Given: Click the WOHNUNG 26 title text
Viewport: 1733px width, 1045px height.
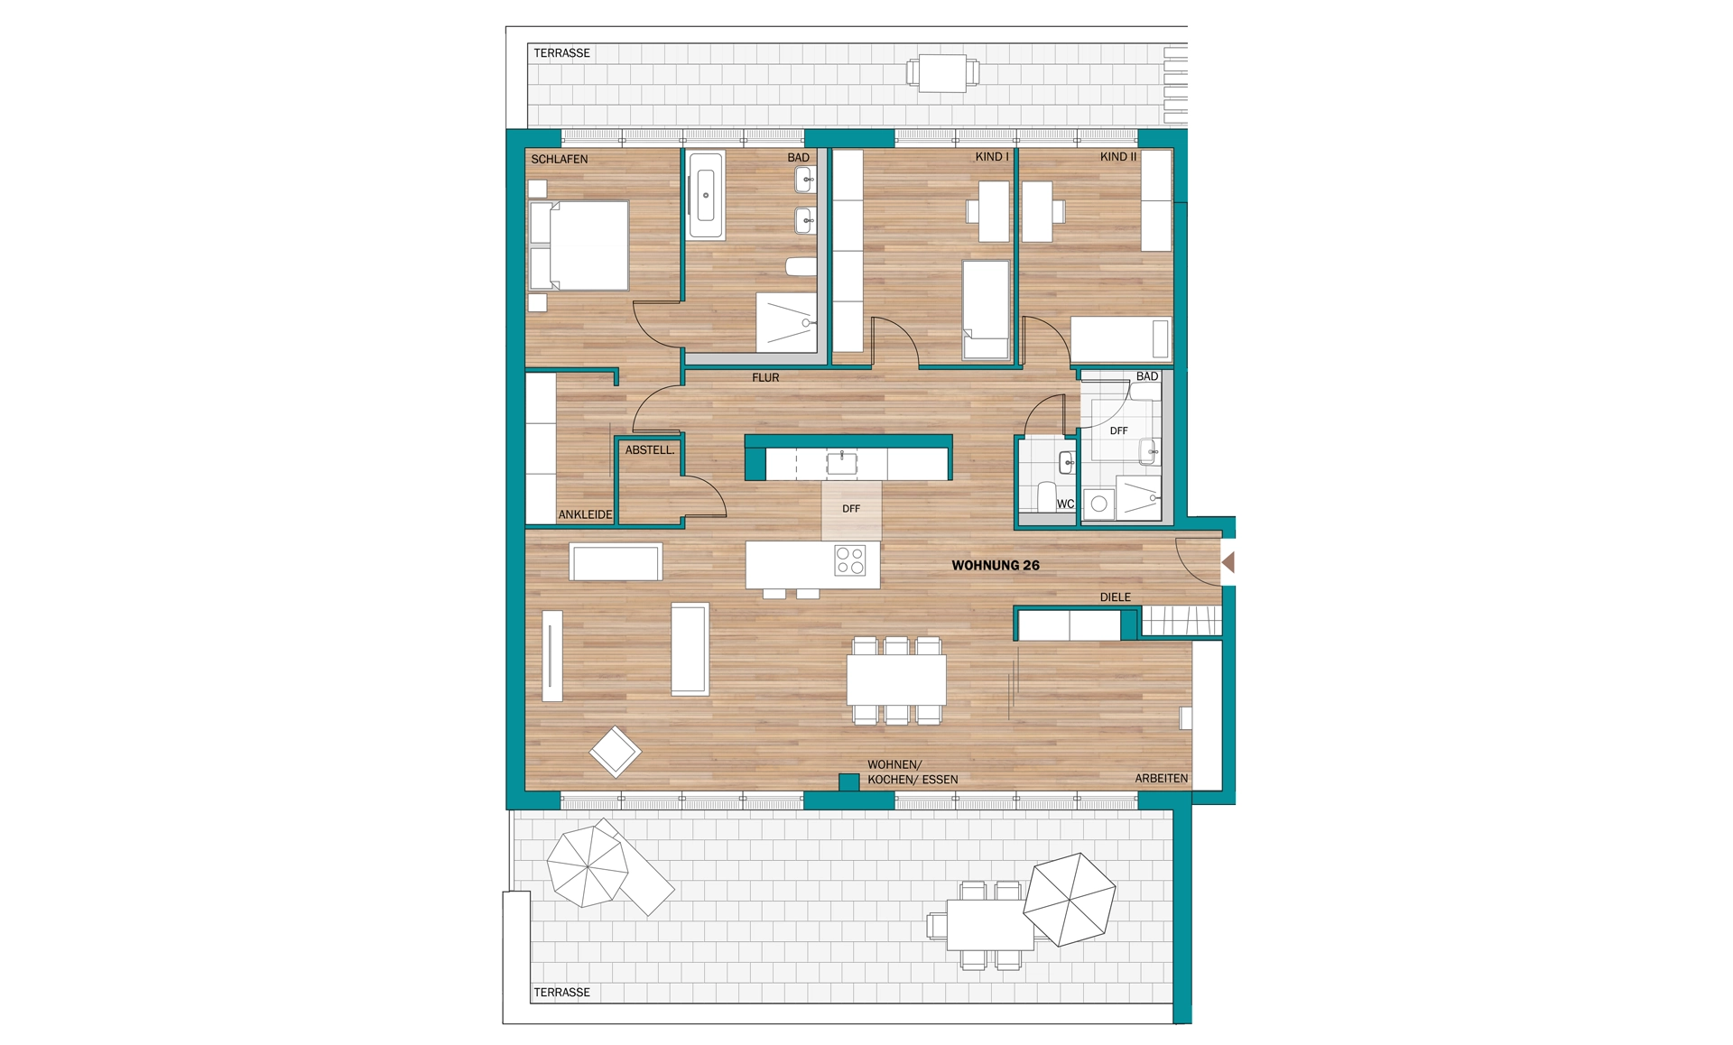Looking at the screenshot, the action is pyautogui.click(x=996, y=566).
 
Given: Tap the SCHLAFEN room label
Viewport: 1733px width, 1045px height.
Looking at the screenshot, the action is pyautogui.click(x=560, y=159).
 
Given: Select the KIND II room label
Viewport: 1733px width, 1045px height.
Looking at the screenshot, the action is pyautogui.click(x=1118, y=157).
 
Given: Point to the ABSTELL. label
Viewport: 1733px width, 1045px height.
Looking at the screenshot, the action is pyautogui.click(x=650, y=449).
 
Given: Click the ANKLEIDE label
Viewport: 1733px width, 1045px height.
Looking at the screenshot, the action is pyautogui.click(x=585, y=514).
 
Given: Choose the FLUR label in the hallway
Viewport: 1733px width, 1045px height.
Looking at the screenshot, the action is pyautogui.click(x=765, y=377).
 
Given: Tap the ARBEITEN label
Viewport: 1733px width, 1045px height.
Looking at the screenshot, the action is pyautogui.click(x=1162, y=778).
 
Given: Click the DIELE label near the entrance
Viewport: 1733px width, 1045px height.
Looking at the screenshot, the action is pyautogui.click(x=1116, y=597).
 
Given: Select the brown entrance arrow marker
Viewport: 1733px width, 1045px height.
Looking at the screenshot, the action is pyautogui.click(x=1228, y=562).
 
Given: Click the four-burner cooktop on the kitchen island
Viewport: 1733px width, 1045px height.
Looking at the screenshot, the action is pyautogui.click(x=850, y=559).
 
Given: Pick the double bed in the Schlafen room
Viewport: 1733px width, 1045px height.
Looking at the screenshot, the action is pyautogui.click(x=579, y=245).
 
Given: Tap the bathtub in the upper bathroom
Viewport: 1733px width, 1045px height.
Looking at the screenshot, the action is pyautogui.click(x=706, y=195).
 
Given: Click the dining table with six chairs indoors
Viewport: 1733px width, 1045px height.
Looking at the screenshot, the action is pyautogui.click(x=896, y=680).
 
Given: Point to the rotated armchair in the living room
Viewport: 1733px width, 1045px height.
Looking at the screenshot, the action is pyautogui.click(x=616, y=751).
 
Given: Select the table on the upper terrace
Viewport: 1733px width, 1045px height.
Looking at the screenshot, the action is pyautogui.click(x=942, y=73).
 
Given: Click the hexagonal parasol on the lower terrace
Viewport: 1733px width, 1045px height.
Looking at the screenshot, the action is pyautogui.click(x=1070, y=899).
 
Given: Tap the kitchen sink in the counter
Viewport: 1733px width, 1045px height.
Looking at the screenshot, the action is pyautogui.click(x=842, y=464).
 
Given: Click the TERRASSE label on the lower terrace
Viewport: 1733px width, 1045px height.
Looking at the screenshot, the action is pyautogui.click(x=561, y=993).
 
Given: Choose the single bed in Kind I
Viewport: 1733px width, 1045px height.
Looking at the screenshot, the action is pyautogui.click(x=986, y=310).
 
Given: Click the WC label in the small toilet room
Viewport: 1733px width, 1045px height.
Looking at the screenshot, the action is pyautogui.click(x=1065, y=504).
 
